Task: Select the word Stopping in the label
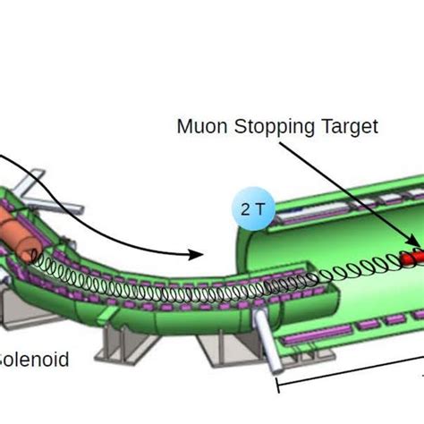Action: click(x=262, y=127)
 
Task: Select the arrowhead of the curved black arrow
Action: click(x=199, y=254)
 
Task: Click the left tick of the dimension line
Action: click(x=278, y=384)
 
